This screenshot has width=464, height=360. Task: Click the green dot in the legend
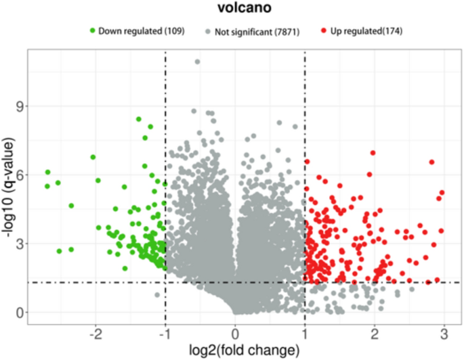pyautogui.click(x=93, y=31)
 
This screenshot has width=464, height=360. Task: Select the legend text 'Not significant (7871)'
pyautogui.click(x=258, y=31)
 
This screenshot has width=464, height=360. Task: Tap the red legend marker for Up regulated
pyautogui.click(x=324, y=31)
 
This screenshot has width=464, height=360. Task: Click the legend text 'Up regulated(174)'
pyautogui.click(x=366, y=31)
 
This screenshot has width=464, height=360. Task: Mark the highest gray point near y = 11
pyautogui.click(x=198, y=62)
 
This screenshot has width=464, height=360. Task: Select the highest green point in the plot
pyautogui.click(x=139, y=119)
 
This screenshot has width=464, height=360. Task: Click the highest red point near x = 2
pyautogui.click(x=373, y=153)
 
